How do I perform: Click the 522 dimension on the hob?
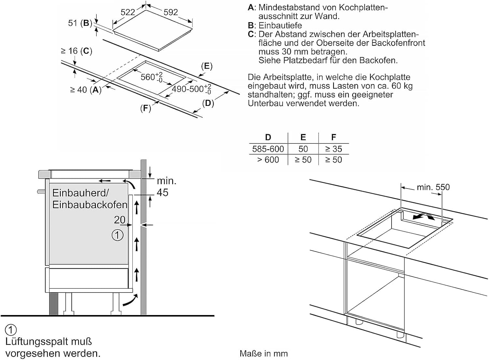point(128,12)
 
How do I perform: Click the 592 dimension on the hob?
point(171,12)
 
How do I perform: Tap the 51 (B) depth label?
point(80,23)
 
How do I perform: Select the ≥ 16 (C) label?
point(77,51)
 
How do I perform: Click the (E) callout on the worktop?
point(207,66)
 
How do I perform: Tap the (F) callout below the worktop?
point(145,108)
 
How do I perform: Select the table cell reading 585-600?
point(268,149)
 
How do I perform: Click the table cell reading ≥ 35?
point(333,149)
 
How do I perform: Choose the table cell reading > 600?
point(268,160)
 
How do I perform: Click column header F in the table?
point(333,137)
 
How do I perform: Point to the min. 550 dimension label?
point(433,187)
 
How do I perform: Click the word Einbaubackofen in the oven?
point(90,205)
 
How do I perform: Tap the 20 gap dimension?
point(120,220)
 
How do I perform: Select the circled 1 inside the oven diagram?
point(117,235)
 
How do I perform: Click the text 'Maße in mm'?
point(263,354)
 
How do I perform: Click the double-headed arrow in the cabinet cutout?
point(423,216)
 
